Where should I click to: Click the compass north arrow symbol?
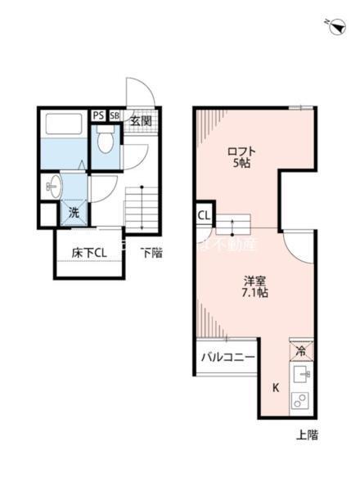(x=336, y=28)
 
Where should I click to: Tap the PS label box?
(x=98, y=116)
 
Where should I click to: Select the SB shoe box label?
(x=114, y=116)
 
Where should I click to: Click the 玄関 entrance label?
(x=140, y=121)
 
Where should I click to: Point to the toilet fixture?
(x=105, y=141)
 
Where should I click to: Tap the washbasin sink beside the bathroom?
(x=54, y=186)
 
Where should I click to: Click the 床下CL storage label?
(x=88, y=253)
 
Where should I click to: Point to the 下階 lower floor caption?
(x=151, y=253)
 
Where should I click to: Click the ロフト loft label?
(x=241, y=151)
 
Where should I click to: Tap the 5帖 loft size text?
(x=242, y=164)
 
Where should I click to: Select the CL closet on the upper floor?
(x=204, y=216)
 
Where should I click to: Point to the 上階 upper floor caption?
(x=306, y=435)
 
